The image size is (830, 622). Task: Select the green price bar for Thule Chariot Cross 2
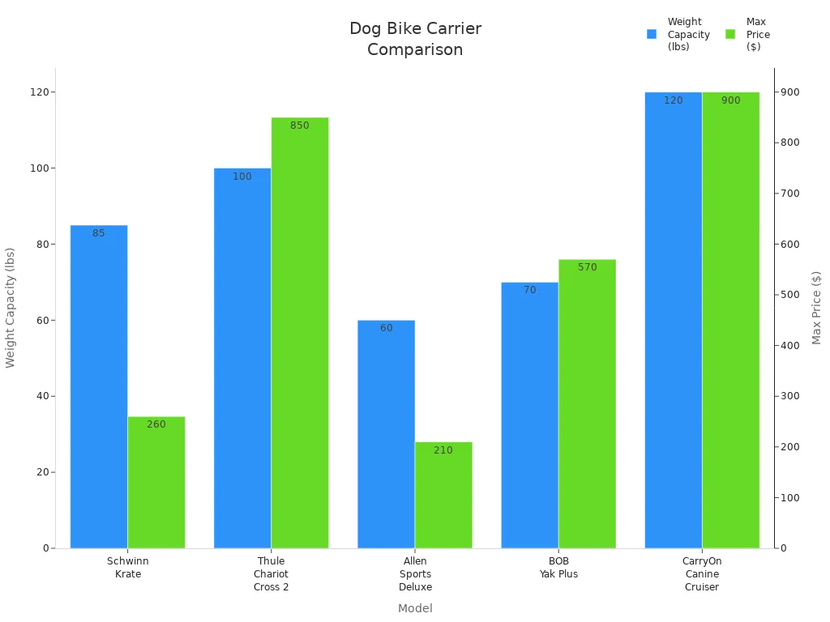300,333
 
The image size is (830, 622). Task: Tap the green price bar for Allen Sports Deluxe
443,495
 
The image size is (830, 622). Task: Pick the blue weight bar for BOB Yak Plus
529,415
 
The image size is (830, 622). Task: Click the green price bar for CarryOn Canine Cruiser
730,320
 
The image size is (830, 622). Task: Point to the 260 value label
156,424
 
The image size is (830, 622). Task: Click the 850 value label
300,126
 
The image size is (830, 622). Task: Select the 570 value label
587,267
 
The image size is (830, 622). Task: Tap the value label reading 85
99,233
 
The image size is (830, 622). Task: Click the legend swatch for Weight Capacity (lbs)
652,34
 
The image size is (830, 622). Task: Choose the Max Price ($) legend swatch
730,34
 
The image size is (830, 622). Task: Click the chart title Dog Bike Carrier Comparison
415,39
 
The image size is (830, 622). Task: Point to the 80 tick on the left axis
41,244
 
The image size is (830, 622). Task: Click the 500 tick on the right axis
790,295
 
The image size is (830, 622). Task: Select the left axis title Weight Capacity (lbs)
11,308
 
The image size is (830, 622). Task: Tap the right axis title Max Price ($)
816,308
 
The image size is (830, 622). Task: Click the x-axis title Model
415,608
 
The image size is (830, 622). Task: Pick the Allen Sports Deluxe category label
415,573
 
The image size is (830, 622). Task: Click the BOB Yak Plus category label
558,567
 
